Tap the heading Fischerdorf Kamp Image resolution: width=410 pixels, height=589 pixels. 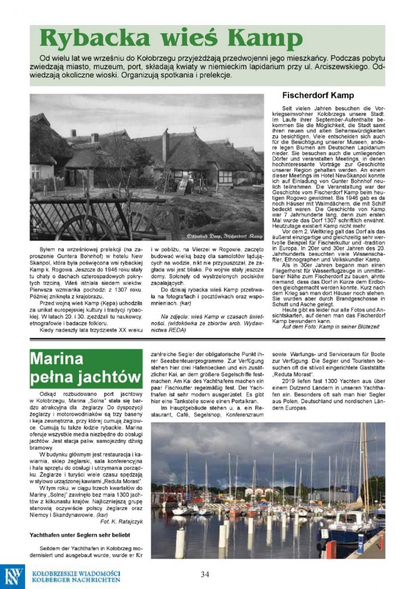318,96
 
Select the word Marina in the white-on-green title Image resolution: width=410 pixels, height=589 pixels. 57,359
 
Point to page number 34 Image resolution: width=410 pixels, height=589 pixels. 205,574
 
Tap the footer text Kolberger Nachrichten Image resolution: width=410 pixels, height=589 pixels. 76,580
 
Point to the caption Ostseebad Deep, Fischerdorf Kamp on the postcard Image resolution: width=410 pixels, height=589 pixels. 225,236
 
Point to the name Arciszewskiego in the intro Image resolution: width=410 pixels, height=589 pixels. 334,67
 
